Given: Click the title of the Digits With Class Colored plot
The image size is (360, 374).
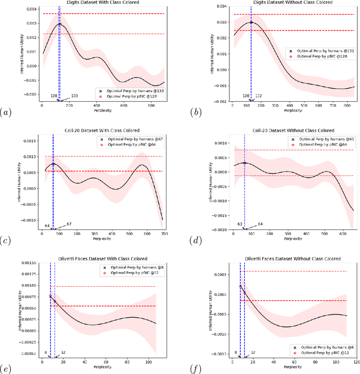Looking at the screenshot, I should [101, 2].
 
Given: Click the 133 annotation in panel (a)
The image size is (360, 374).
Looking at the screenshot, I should [74, 96].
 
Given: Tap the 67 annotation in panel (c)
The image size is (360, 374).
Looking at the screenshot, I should [69, 224].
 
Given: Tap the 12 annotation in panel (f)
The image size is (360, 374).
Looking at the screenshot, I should [253, 353].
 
